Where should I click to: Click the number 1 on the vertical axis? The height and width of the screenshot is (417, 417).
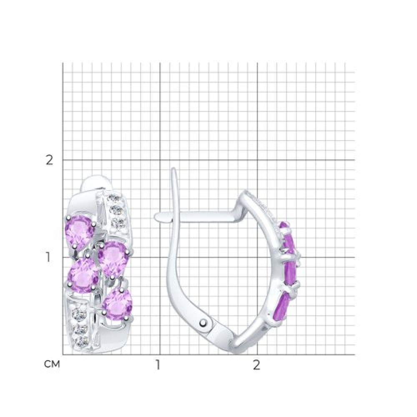point(48,257)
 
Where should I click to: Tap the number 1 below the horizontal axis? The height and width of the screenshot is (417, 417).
point(158,365)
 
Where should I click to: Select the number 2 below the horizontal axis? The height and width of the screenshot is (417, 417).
point(256,365)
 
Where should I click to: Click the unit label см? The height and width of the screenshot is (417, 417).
point(52,364)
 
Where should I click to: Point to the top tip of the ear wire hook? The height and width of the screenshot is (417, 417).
point(173,168)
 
